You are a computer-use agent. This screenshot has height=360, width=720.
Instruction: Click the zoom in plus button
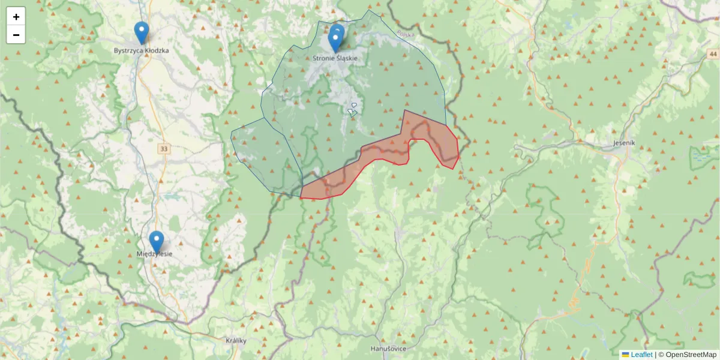16,17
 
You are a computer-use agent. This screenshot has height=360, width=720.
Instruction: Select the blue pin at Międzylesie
156,242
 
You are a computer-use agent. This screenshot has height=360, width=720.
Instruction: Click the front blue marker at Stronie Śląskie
335,41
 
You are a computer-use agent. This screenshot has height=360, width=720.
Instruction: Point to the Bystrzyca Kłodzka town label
141,50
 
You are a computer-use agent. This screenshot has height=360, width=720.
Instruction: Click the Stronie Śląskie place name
335,58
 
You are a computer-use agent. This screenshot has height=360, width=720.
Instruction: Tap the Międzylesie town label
155,254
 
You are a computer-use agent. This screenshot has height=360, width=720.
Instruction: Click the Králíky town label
236,340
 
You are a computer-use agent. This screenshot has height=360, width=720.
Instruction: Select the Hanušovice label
389,348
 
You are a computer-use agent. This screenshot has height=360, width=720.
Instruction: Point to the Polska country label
406,35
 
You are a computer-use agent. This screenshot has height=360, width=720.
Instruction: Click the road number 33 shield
164,148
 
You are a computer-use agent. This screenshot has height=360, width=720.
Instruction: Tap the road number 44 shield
711,54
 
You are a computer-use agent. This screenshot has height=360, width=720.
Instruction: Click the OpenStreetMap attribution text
687,355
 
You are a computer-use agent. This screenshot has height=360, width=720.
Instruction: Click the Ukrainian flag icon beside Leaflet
625,355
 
